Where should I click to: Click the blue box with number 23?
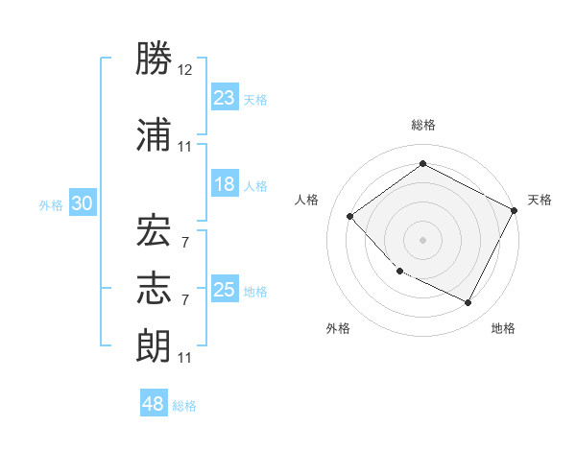click(x=225, y=98)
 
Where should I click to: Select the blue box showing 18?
click(x=225, y=184)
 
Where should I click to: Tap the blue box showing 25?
click(x=225, y=290)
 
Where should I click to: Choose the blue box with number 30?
click(x=82, y=203)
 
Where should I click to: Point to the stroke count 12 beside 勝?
click(x=185, y=71)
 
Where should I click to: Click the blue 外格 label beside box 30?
click(x=50, y=204)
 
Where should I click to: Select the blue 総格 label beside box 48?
click(x=184, y=406)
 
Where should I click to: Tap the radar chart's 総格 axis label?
click(x=422, y=125)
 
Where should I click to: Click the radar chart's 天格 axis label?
click(x=540, y=200)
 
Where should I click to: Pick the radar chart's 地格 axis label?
click(x=503, y=328)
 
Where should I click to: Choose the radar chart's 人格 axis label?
click(x=307, y=200)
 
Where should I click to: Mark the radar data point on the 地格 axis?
click(x=468, y=303)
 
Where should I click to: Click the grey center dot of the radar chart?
click(x=422, y=240)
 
